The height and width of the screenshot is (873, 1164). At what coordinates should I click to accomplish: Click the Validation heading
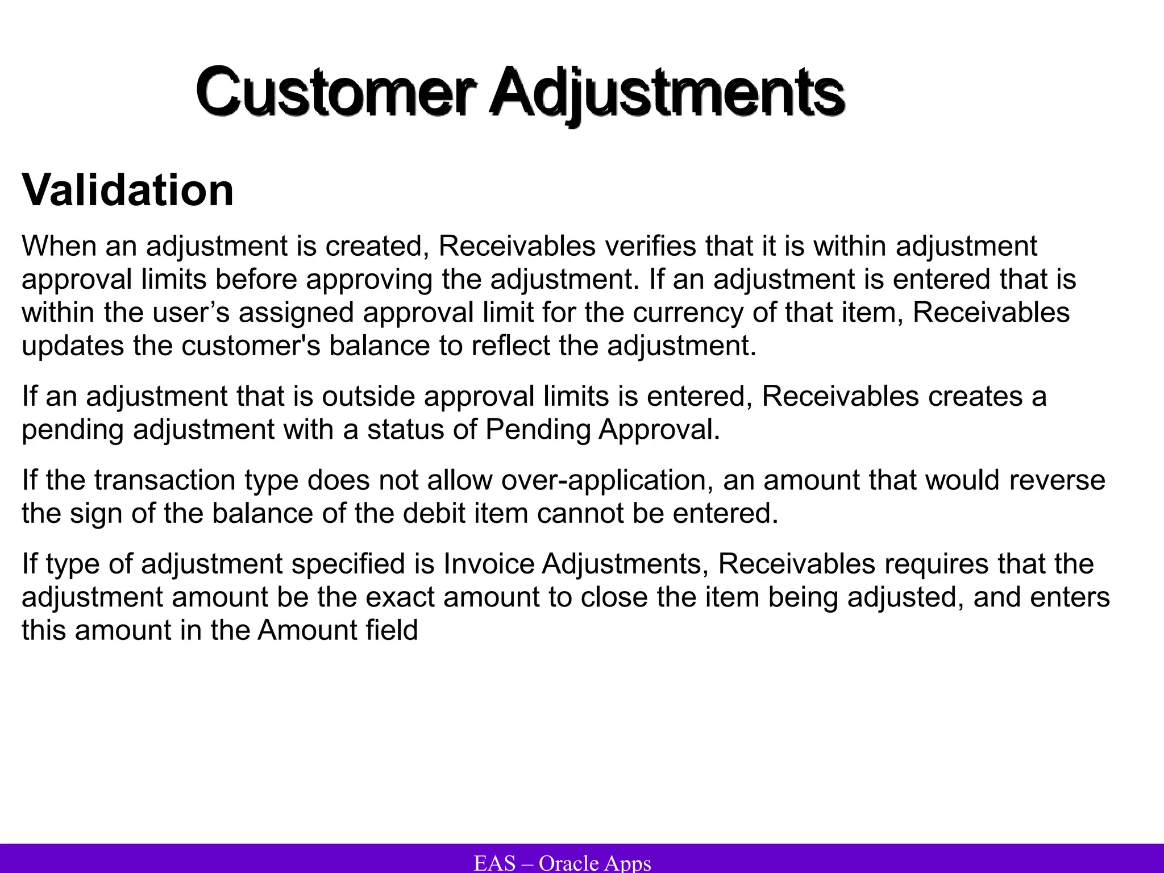[x=128, y=190]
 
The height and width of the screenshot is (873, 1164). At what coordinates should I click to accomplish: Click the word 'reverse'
[x=1057, y=480]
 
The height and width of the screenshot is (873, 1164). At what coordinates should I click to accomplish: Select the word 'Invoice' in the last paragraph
[x=488, y=564]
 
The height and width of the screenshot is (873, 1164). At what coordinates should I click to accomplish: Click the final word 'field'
[x=392, y=630]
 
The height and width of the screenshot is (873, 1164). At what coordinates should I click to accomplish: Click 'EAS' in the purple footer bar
[x=494, y=863]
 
